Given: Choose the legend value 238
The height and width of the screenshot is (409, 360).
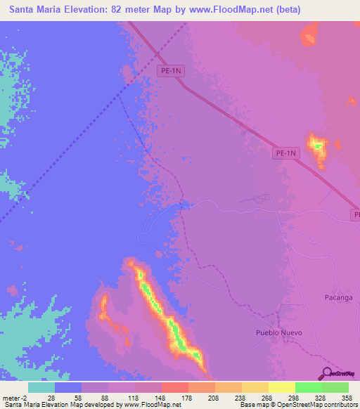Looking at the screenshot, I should (221, 397).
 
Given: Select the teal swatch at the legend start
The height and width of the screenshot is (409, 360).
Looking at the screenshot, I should (41, 387).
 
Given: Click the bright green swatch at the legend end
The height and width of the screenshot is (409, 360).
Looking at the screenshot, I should (335, 387).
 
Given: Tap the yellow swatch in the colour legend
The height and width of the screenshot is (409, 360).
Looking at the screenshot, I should (281, 387).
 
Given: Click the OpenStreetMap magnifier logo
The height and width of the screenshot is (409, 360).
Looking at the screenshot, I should (326, 373).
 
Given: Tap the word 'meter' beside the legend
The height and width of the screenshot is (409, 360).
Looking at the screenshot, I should (12, 397).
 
